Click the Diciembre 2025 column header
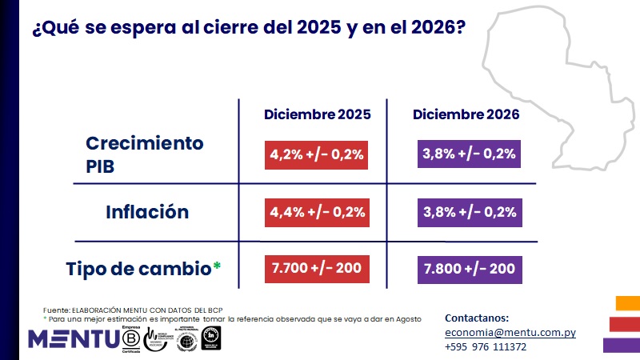pos(318,114)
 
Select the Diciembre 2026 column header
pos(466,114)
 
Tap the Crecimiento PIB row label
pos(145,154)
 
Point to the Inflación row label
pos(147,212)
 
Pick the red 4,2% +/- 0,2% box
pos(315,154)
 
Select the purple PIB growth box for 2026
pos(470,154)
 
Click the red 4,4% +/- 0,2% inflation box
pos(315,212)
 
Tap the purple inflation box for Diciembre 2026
pos(470,212)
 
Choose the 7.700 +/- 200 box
pos(315,269)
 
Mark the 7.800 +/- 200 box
pos(470,269)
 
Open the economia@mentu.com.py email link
pos(510,333)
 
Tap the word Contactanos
pos(476,318)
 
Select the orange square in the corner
pos(628,302)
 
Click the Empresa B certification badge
pos(130,338)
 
